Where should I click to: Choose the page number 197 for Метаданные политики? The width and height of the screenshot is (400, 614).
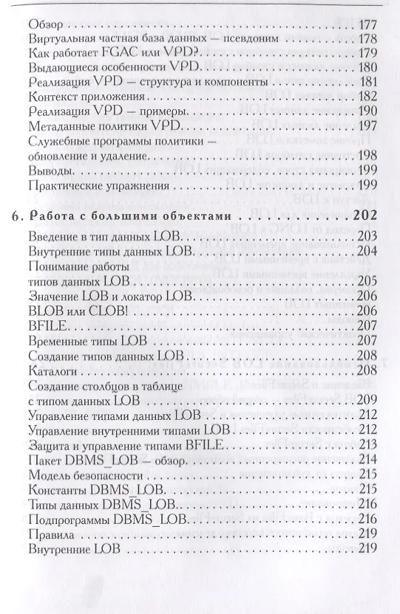click(x=367, y=125)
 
